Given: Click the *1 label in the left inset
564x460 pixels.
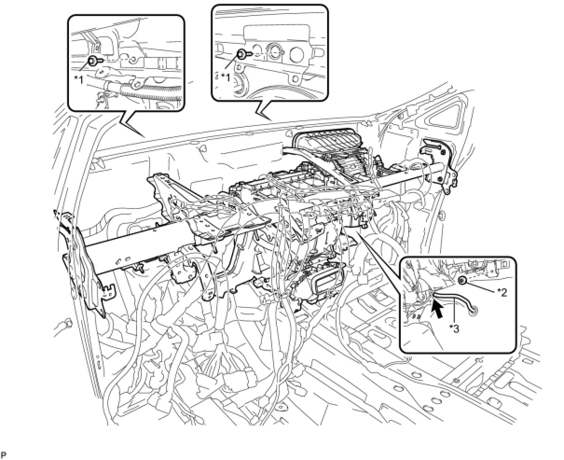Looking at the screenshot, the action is (x=79, y=79).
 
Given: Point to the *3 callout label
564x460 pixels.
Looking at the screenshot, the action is (x=454, y=328).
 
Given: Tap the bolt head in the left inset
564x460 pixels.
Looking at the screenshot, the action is (x=93, y=60).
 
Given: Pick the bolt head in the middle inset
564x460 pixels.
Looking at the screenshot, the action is (x=242, y=54).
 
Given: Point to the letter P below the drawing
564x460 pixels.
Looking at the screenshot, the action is (x=4, y=454).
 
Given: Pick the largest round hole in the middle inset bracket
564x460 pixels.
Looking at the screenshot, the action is (x=275, y=53).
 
